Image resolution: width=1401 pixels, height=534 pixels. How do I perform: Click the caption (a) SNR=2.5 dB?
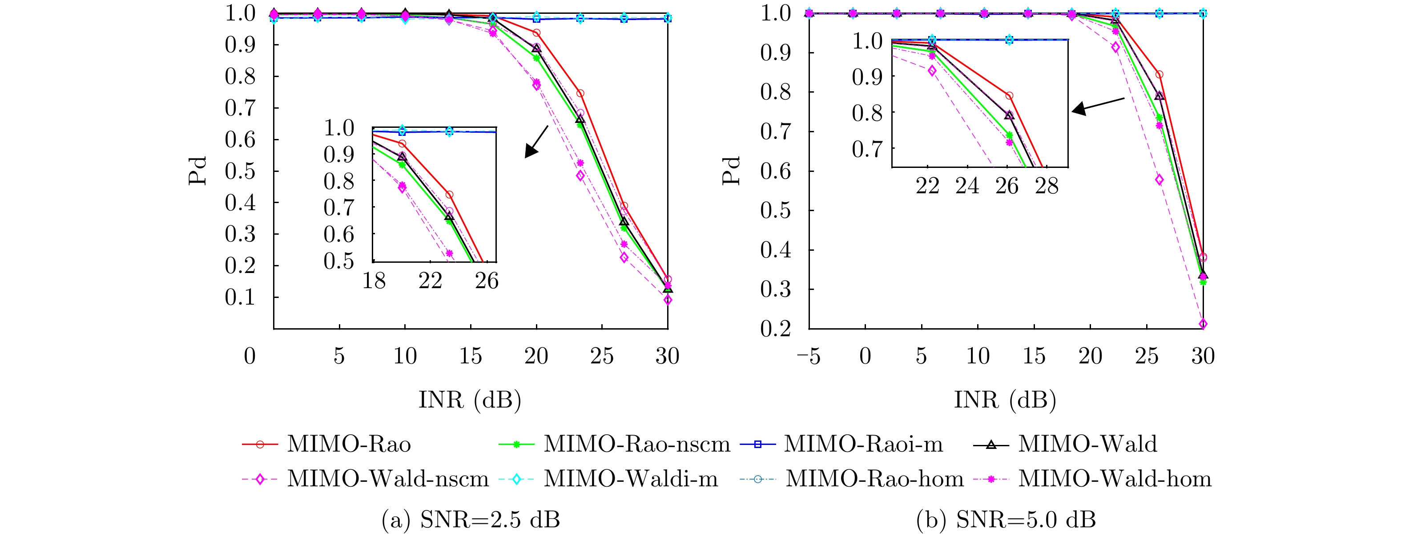coord(471,520)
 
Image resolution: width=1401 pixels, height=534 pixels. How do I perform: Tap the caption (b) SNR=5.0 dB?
coord(1006,520)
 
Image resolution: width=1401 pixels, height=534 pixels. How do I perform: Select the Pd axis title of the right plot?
coord(732,171)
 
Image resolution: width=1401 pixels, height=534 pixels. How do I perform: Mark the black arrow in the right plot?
coord(1098,105)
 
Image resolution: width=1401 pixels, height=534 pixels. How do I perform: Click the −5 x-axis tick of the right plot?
coord(808,357)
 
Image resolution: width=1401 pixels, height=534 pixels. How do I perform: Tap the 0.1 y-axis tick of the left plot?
coord(240,298)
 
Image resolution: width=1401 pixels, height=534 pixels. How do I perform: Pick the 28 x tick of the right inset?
coord(1047,187)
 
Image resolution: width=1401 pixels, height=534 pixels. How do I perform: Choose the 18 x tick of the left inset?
coord(374,281)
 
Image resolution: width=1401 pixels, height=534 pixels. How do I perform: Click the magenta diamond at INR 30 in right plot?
coord(1203,324)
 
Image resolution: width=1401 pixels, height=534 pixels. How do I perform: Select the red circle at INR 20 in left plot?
coord(537,33)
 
